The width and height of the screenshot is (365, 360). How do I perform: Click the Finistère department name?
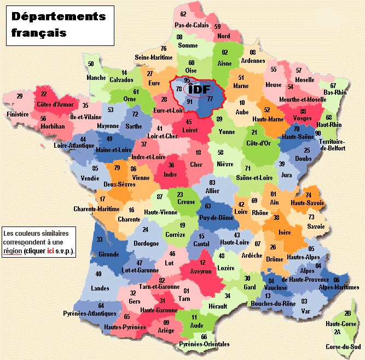[x=17, y=115]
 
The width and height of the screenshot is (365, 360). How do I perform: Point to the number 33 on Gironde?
[x=100, y=240]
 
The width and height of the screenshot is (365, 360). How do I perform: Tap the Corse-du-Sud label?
[x=343, y=347]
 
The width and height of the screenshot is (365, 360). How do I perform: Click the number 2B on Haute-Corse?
[x=347, y=313]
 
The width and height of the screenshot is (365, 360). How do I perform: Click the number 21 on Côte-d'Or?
[x=254, y=132]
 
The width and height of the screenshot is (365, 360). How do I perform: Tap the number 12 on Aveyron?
[x=202, y=263]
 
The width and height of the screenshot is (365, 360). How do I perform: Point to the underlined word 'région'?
[x=12, y=251]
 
